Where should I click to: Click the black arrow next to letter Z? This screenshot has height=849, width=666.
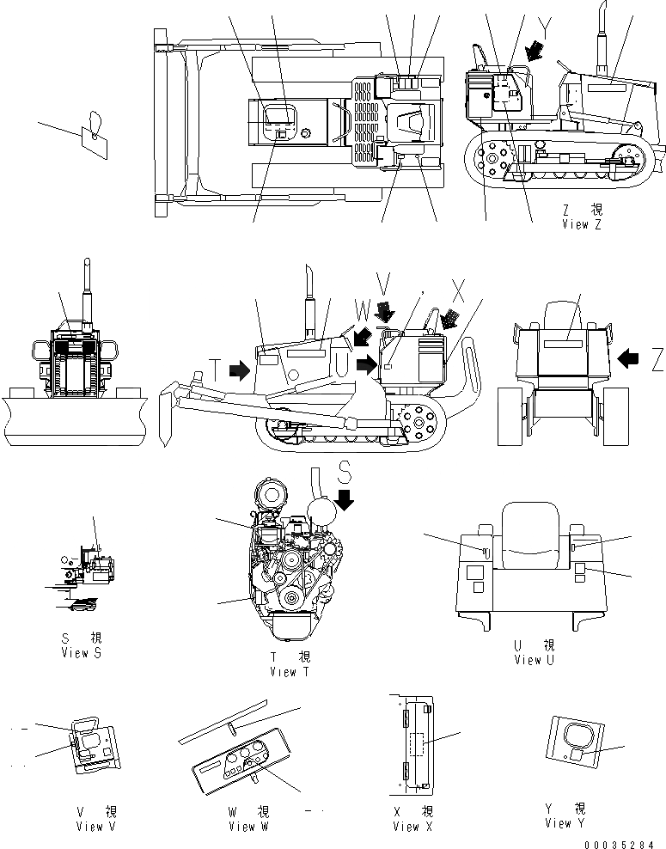click(x=626, y=354)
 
